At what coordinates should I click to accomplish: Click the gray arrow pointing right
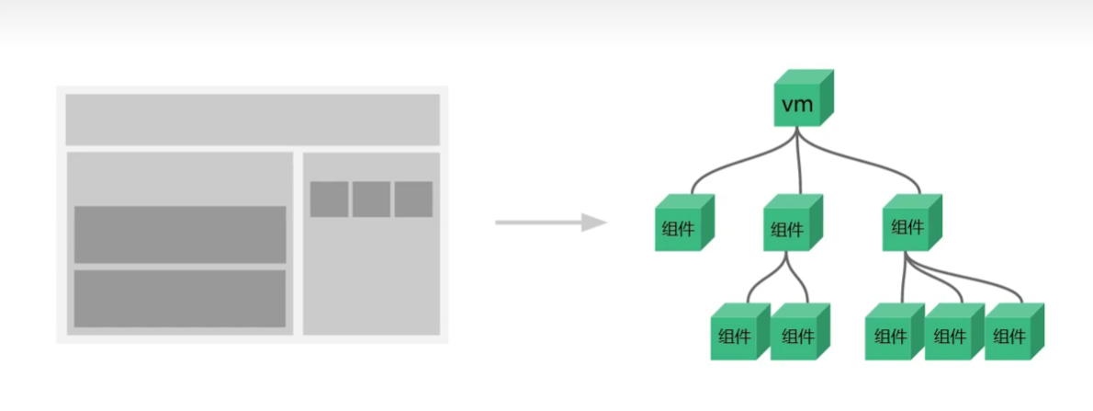(551, 223)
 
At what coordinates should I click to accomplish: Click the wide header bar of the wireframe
(253, 119)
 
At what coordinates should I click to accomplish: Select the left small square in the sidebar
(329, 199)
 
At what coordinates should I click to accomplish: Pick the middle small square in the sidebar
(371, 199)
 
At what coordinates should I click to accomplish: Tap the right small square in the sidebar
(413, 199)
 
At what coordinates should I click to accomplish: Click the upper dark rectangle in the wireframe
(180, 234)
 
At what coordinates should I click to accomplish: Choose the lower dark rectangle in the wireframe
(180, 298)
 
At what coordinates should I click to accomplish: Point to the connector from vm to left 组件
(735, 166)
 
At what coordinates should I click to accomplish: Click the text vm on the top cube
(796, 105)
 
